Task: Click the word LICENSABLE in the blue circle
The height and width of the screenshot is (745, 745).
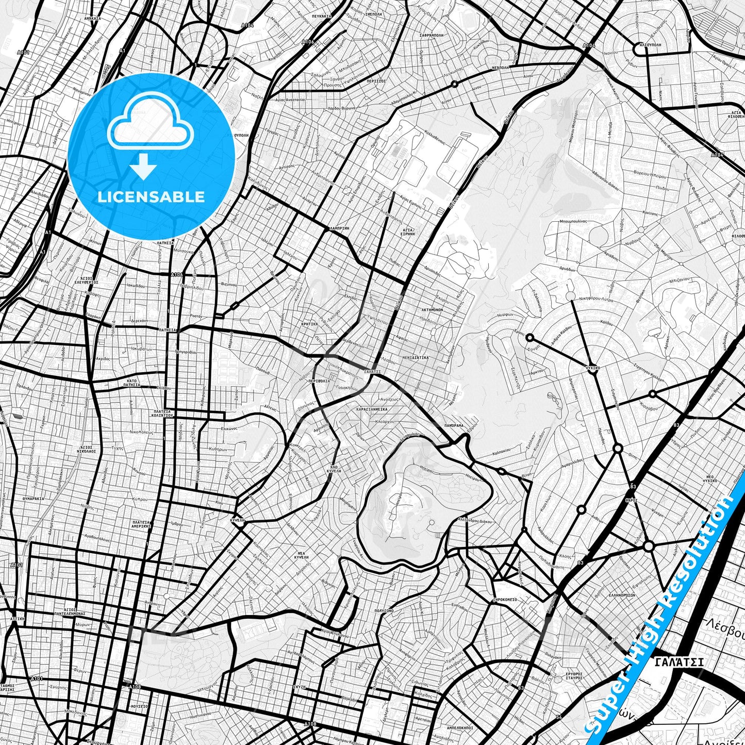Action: pyautogui.click(x=151, y=197)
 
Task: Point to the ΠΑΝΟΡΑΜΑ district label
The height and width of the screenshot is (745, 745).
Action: pyautogui.click(x=453, y=426)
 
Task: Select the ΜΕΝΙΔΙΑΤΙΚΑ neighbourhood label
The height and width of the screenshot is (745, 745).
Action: pyautogui.click(x=415, y=357)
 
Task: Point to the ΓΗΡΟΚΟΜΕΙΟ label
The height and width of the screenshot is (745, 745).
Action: pyautogui.click(x=505, y=600)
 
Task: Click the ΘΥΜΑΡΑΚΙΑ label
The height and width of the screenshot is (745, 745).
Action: pyautogui.click(x=33, y=499)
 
